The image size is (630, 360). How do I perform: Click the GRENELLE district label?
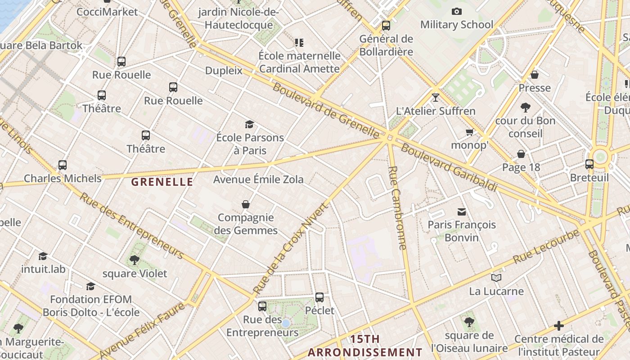162,182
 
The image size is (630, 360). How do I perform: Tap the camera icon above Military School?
457,11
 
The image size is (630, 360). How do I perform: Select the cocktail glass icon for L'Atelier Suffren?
435,97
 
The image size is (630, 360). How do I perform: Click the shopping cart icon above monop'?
470,132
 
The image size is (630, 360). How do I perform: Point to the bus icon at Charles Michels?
63,165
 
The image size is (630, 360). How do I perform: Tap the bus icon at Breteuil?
589,164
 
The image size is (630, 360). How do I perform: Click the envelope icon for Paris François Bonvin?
462,211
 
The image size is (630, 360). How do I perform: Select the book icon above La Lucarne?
496,278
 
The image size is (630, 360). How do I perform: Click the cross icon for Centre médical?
559,326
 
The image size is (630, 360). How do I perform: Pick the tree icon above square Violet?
134,260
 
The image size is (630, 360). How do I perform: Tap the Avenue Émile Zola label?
258,180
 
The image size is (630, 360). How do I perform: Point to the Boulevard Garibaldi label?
449,167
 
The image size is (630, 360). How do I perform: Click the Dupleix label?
224,71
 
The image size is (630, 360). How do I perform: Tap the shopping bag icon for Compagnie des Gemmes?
246,204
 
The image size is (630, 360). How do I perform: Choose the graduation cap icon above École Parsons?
249,124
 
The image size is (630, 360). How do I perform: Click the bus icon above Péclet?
319,297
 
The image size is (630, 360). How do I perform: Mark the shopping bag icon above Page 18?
521,154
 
